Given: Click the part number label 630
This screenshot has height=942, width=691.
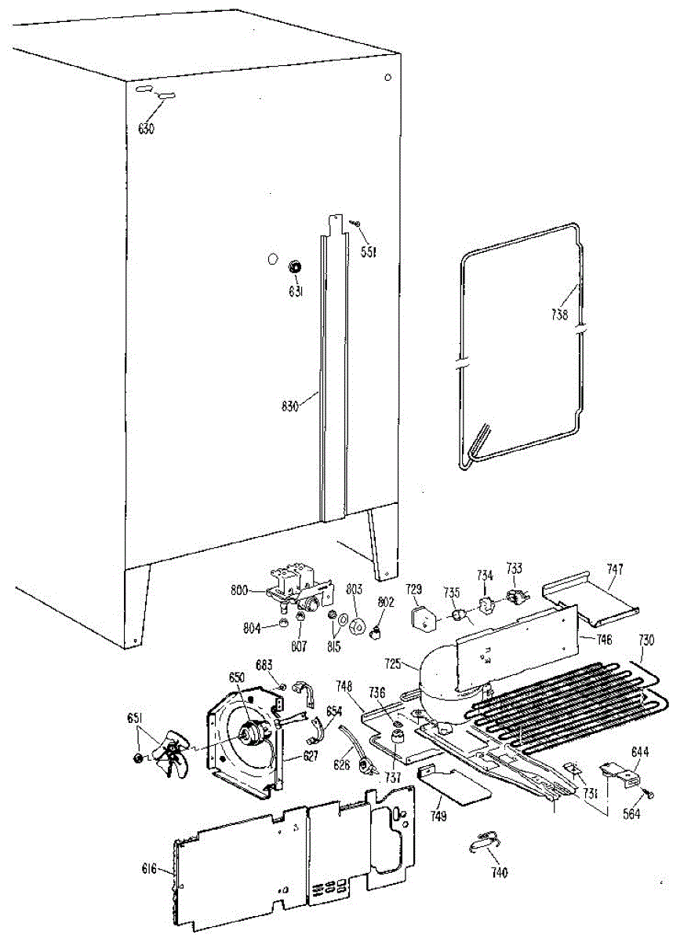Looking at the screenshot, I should [x=147, y=129].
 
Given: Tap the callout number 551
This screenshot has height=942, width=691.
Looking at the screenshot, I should [x=369, y=251].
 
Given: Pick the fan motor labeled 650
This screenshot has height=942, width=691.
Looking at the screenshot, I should [x=252, y=734].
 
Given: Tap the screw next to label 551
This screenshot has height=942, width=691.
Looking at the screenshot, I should [x=355, y=225].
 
